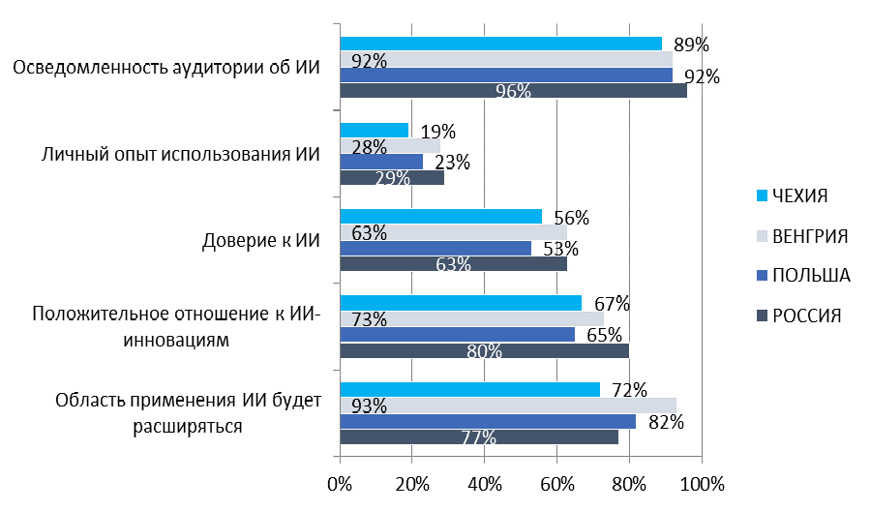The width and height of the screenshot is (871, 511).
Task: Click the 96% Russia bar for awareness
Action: tap(513, 91)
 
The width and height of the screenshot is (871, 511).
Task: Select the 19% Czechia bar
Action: tap(375, 130)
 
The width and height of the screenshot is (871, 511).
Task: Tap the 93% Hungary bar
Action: tap(508, 406)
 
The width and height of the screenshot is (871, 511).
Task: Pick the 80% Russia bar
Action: tap(484, 350)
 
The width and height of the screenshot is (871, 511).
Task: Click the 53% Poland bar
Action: tap(435, 248)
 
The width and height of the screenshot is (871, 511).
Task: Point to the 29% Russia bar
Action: tap(392, 178)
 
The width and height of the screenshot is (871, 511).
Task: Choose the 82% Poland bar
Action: tap(488, 421)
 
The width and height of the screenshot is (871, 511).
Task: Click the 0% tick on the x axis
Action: tap(340, 483)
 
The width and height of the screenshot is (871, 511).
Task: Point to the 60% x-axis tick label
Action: tap(557, 483)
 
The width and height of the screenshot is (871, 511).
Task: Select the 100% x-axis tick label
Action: tap(702, 483)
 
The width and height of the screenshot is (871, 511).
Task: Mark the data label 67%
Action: tap(611, 305)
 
